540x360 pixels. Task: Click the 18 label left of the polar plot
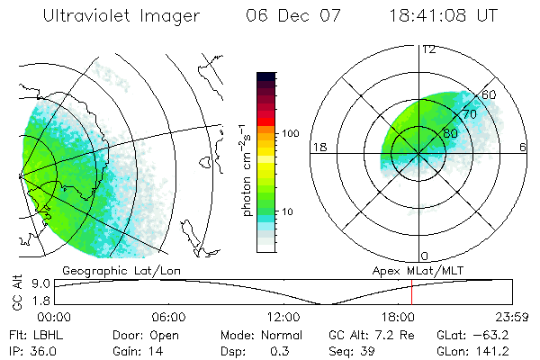(318, 148)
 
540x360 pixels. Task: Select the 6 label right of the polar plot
(523, 148)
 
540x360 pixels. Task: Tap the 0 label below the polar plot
(425, 256)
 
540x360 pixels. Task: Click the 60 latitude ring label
(490, 94)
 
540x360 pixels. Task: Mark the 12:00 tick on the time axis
(283, 317)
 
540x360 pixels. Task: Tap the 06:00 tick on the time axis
(168, 317)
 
